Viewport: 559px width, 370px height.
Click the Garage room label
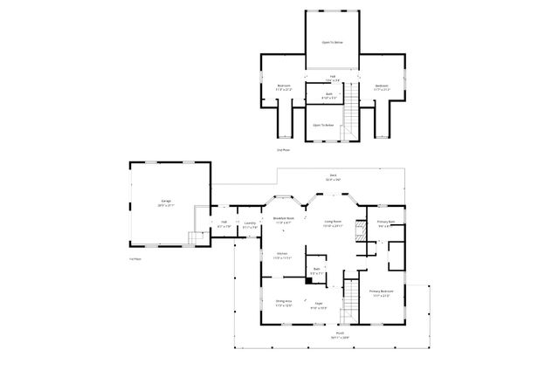[x=166, y=202]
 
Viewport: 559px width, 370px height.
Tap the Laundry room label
[x=250, y=223]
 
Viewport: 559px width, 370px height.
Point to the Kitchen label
[x=280, y=255]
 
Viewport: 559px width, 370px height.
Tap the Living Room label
[x=333, y=223]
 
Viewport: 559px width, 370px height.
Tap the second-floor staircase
[x=352, y=113]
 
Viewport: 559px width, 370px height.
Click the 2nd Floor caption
[x=282, y=151]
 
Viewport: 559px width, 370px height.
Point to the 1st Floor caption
[x=135, y=259]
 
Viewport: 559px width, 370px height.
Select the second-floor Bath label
[x=329, y=94]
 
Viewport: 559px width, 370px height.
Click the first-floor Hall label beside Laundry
[x=224, y=223]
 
